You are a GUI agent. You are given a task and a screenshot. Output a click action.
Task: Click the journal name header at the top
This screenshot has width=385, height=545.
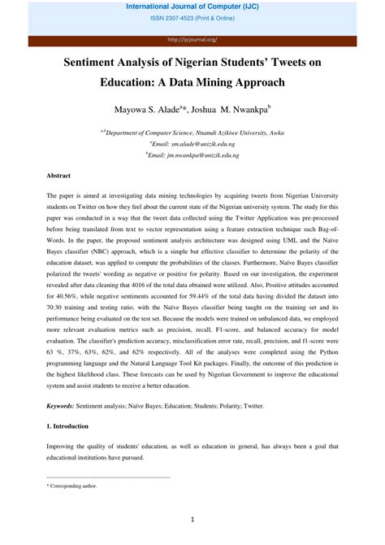pyautogui.click(x=192, y=7)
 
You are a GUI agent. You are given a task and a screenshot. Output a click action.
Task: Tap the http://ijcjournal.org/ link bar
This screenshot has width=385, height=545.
pyautogui.click(x=192, y=38)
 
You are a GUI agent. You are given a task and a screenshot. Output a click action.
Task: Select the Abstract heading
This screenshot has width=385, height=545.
pyautogui.click(x=58, y=175)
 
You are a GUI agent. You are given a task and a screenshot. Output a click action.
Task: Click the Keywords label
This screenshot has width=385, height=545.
pyautogui.click(x=61, y=404)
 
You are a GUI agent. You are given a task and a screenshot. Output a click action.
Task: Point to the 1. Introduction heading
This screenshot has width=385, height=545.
pyautogui.click(x=67, y=425)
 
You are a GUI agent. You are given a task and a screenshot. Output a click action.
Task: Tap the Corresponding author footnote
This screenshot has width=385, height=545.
pyautogui.click(x=72, y=485)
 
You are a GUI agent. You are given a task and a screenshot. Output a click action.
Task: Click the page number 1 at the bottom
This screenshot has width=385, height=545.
pyautogui.click(x=192, y=519)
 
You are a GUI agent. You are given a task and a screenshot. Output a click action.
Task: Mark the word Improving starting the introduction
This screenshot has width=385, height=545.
pyautogui.click(x=63, y=447)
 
